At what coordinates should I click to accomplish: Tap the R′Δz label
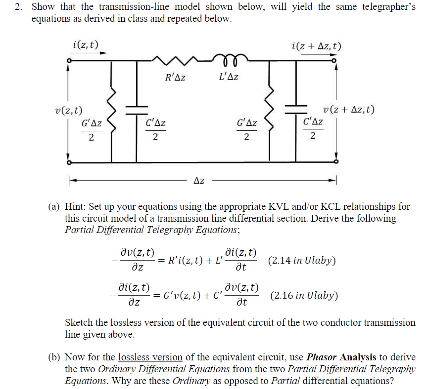pyautogui.click(x=175, y=77)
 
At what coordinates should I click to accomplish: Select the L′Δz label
pyautogui.click(x=228, y=77)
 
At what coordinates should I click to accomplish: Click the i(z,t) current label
pyautogui.click(x=85, y=45)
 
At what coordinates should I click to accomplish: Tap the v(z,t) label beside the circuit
pyautogui.click(x=69, y=110)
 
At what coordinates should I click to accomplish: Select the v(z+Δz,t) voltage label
pyautogui.click(x=348, y=110)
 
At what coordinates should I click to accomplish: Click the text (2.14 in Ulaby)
pyautogui.click(x=302, y=260)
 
